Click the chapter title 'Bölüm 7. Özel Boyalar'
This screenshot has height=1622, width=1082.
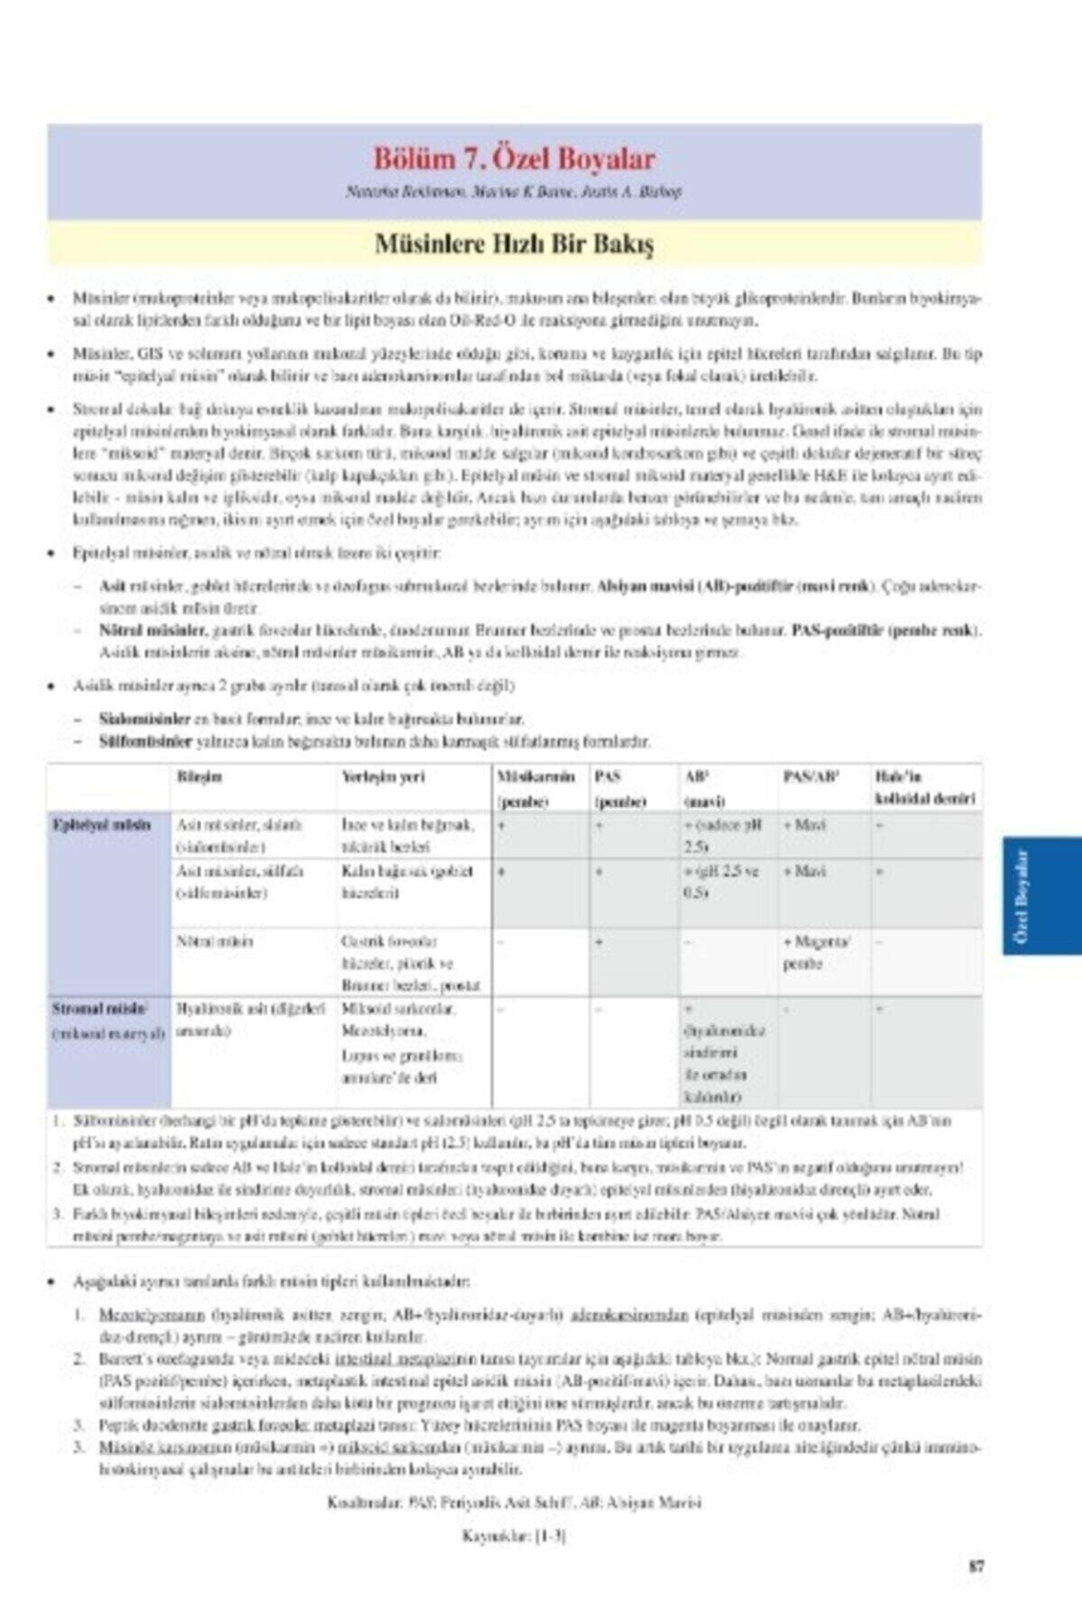pyautogui.click(x=514, y=159)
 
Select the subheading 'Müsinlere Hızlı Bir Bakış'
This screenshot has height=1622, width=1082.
pyautogui.click(x=514, y=244)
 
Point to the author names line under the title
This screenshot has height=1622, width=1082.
pyautogui.click(x=514, y=192)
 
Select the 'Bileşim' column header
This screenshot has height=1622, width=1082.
pyautogui.click(x=200, y=777)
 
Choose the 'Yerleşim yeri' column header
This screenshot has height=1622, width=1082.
pyautogui.click(x=383, y=777)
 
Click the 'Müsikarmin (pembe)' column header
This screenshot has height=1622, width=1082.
pyautogui.click(x=536, y=788)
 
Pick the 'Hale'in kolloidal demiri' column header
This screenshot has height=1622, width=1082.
pyautogui.click(x=924, y=788)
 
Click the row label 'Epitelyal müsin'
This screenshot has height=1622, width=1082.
pyautogui.click(x=101, y=825)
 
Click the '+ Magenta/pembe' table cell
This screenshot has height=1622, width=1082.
pyautogui.click(x=816, y=952)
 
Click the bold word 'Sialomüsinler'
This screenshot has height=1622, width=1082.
pyautogui.click(x=144, y=719)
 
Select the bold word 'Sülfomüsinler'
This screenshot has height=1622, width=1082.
pyautogui.click(x=145, y=742)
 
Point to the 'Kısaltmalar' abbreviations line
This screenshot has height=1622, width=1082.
pyautogui.click(x=514, y=1502)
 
